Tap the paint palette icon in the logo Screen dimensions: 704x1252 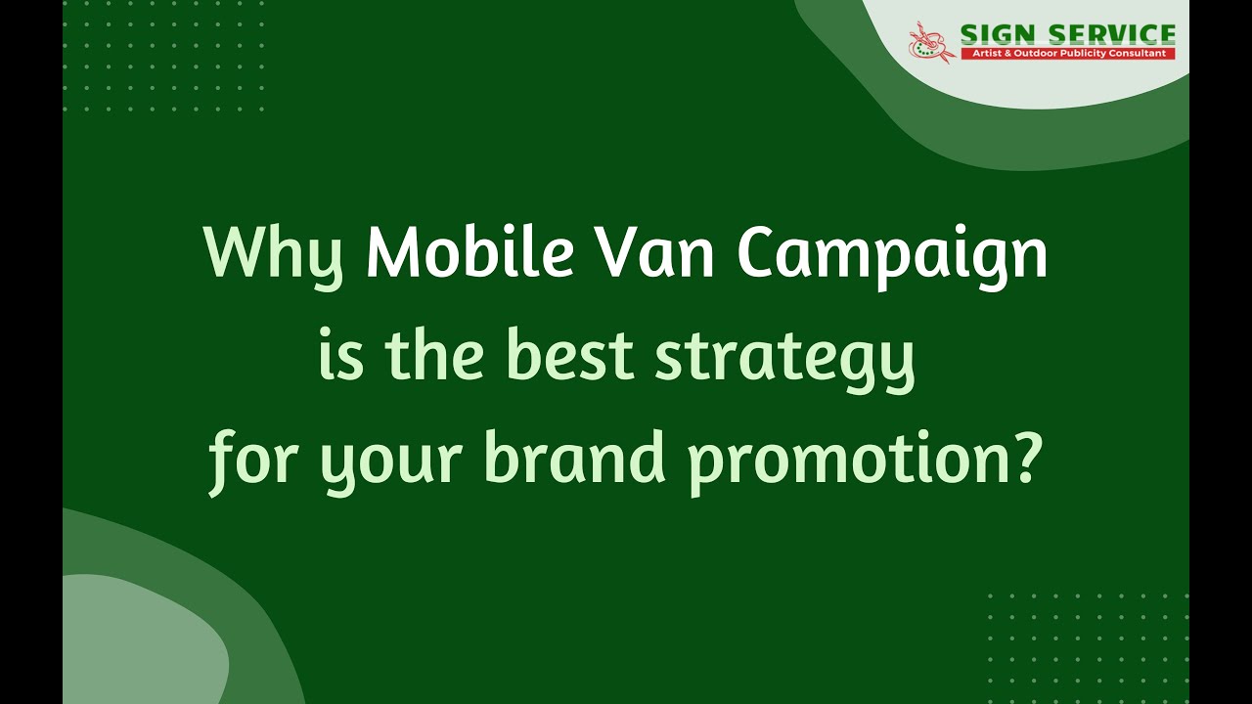pos(930,43)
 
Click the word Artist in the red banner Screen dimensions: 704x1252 pos(980,53)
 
